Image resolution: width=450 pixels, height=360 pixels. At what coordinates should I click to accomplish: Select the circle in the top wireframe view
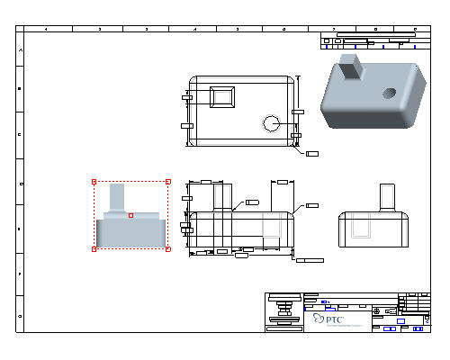[273, 122]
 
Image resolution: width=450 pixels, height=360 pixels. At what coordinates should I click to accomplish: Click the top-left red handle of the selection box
[94, 182]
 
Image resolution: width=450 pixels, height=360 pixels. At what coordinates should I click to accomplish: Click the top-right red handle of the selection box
[168, 182]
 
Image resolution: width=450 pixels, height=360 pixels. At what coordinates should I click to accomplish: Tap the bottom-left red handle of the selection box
[94, 248]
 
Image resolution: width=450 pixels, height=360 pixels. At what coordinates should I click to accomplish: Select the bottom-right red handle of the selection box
[168, 248]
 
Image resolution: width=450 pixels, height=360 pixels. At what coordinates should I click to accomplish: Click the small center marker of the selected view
[131, 215]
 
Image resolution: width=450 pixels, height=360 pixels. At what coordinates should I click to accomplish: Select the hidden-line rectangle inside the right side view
[363, 227]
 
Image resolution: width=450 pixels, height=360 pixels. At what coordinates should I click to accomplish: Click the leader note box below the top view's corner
[313, 154]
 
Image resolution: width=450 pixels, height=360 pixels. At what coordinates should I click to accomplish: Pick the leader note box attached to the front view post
[252, 202]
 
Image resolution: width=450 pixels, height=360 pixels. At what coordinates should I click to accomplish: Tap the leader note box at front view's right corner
[312, 206]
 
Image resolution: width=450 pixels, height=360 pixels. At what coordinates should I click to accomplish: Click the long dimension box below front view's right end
[310, 260]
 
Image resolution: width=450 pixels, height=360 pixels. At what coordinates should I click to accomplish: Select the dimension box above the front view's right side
[282, 182]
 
